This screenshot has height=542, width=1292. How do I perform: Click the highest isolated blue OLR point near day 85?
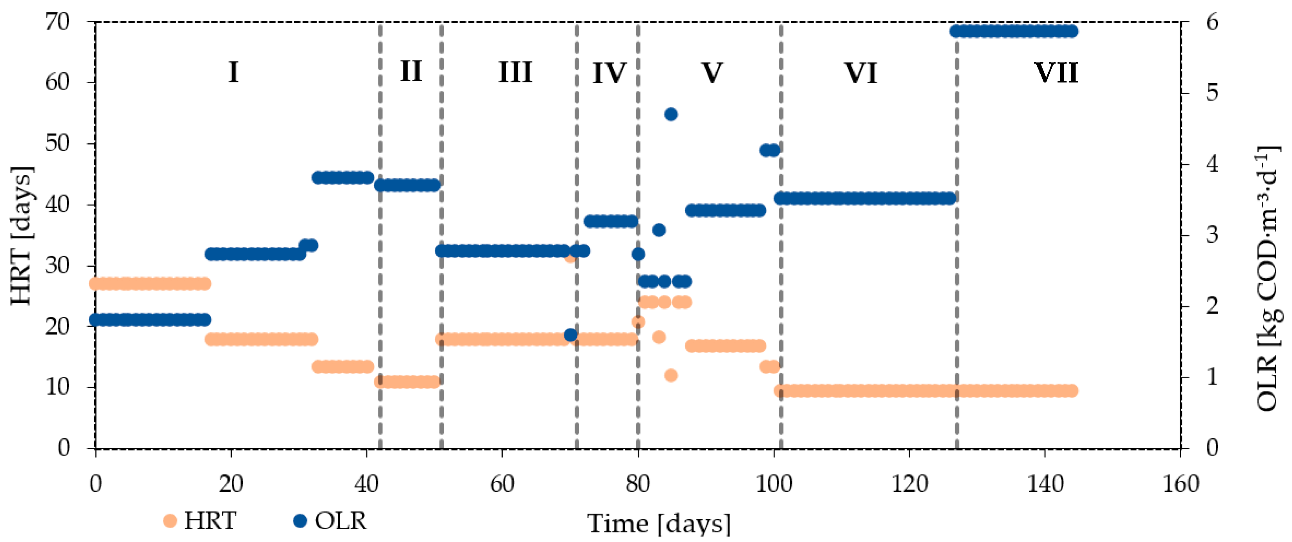[671, 114]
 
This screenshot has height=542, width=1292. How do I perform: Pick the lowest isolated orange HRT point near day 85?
[671, 375]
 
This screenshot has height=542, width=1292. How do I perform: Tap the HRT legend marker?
[170, 520]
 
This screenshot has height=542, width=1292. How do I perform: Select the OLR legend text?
[340, 521]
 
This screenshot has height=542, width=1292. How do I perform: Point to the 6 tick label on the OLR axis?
[1212, 22]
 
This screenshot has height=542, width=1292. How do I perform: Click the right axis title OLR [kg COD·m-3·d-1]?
[1267, 278]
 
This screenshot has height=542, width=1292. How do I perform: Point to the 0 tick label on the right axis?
[1212, 448]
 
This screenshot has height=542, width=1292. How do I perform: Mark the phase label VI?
[861, 73]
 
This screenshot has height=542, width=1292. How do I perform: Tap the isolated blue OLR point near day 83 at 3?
[659, 230]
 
